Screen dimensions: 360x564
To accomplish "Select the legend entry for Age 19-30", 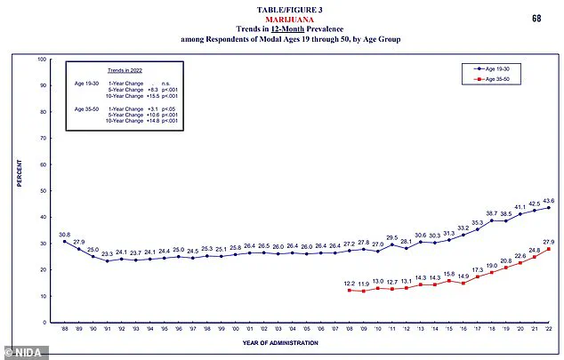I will coord(498,68).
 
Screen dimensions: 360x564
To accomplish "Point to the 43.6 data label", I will coord(549,200).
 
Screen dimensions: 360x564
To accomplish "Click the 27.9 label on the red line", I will coord(549,242).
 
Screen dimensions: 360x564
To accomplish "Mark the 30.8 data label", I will coord(64,235).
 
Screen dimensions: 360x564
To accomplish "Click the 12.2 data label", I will coord(350,284).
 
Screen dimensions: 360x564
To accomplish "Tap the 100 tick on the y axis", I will coord(42,60).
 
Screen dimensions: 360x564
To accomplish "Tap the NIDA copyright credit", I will coord(24,352).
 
